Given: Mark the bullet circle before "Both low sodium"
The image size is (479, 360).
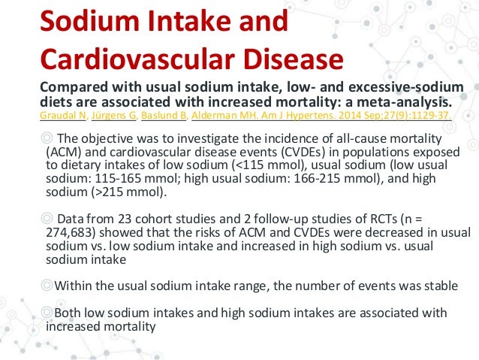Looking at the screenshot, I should pos(47,313).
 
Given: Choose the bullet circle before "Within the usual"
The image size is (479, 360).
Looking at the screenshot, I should pos(47,286).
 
